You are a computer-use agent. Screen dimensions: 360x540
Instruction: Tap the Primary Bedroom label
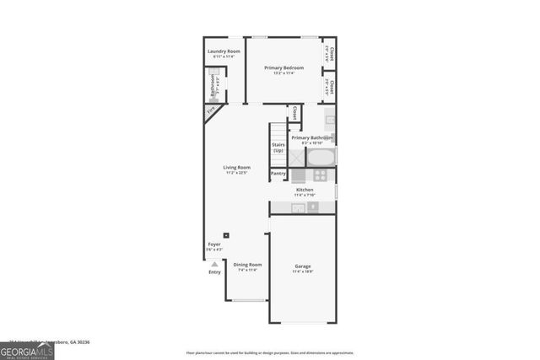[x=283, y=68]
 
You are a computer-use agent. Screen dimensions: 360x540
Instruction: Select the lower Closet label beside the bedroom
[x=331, y=86]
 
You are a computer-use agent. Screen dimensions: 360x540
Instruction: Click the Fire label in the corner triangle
[x=211, y=110]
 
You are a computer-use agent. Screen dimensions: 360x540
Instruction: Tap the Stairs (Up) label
[x=278, y=147]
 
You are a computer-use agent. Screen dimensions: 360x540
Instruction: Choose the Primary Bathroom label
[x=311, y=137]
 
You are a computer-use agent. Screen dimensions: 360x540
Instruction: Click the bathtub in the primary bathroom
[x=321, y=158]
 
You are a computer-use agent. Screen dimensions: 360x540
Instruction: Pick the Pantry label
[x=278, y=174]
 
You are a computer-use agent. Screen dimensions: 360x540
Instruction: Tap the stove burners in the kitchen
[x=320, y=175]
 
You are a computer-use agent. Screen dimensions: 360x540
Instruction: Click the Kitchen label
[x=305, y=190]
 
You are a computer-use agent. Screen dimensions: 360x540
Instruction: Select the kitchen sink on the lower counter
[x=299, y=207]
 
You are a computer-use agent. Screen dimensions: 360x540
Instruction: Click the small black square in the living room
[x=225, y=235]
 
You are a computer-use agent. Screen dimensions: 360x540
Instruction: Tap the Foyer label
[x=214, y=244]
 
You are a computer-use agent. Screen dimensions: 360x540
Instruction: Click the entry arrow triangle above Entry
[x=214, y=264]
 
